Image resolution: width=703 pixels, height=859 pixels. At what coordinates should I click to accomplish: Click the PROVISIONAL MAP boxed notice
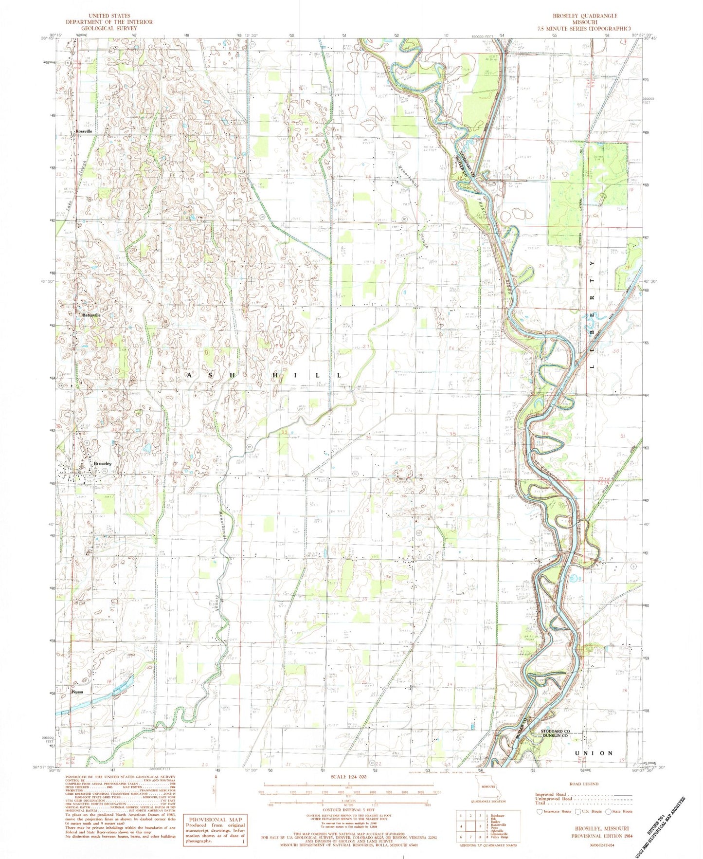215,820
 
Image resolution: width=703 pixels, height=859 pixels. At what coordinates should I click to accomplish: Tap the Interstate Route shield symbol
539,811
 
